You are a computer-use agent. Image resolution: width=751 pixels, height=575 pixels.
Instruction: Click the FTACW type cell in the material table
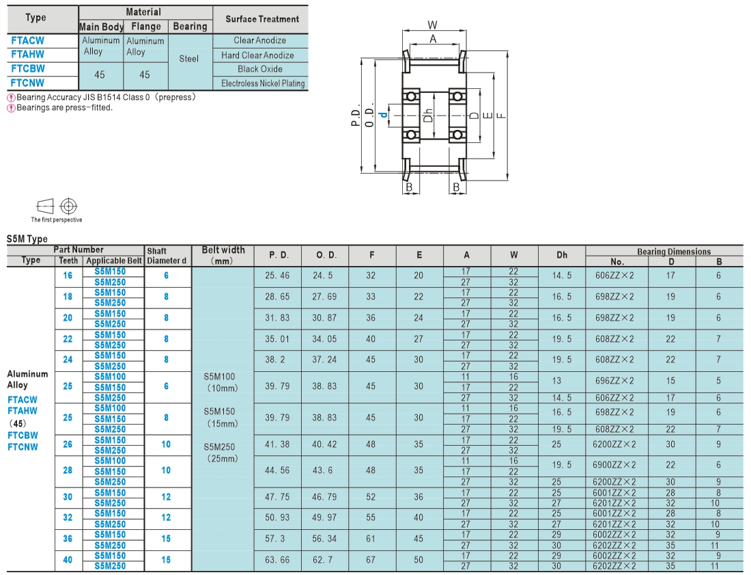27,41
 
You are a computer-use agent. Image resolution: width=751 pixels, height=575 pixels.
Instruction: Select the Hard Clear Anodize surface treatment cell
257,55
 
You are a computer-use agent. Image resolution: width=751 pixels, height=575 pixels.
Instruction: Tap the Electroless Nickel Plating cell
263,83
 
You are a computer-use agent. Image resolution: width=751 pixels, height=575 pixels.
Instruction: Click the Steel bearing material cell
188,59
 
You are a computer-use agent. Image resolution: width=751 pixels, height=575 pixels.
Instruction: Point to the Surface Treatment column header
262,19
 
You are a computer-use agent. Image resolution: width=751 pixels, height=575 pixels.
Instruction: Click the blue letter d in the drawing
383,115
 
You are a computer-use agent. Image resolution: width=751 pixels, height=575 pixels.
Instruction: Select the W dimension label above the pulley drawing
432,25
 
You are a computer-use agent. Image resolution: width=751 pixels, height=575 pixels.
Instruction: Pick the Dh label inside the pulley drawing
428,115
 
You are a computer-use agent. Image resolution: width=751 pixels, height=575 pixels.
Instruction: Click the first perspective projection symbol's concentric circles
68,206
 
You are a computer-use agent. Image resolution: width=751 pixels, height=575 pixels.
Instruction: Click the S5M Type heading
27,239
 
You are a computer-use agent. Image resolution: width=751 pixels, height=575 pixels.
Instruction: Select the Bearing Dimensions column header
674,252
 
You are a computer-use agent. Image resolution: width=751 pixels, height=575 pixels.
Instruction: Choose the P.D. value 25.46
277,276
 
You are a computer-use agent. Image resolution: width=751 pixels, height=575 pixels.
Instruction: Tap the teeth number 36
68,539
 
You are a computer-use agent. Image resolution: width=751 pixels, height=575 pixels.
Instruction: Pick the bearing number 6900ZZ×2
614,465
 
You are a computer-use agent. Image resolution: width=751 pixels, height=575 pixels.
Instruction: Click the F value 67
371,560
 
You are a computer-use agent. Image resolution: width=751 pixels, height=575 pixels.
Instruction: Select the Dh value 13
556,381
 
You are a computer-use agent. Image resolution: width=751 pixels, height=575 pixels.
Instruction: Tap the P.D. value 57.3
275,539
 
